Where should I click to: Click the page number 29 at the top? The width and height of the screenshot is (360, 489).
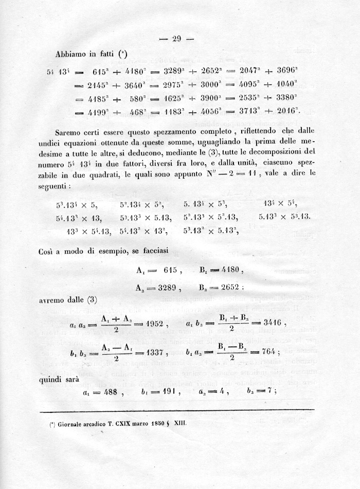coord(177,38)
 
